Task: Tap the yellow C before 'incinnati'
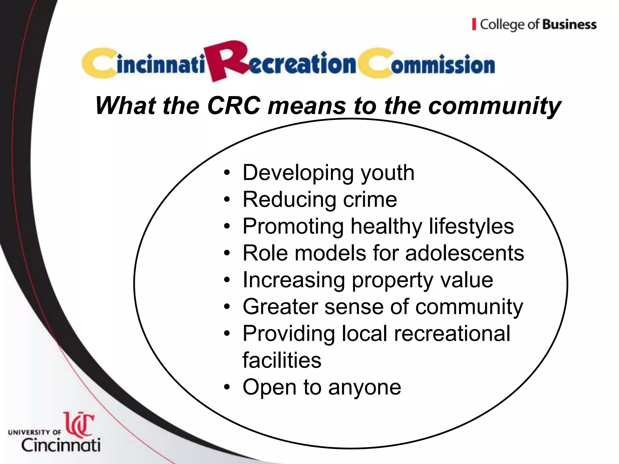[98, 63]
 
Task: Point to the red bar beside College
[474, 24]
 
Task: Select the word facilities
[282, 360]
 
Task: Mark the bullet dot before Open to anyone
[227, 388]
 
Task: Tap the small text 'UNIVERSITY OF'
[34, 432]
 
